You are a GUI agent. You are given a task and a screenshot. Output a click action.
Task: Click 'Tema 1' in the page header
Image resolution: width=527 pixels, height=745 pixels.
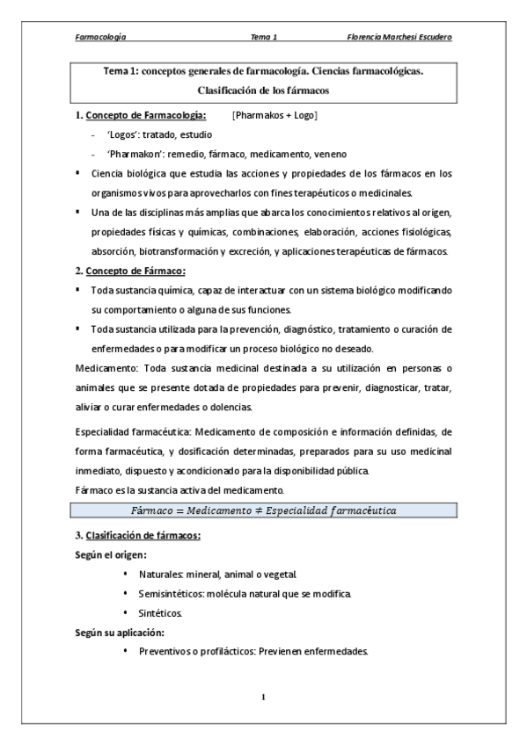tap(264, 38)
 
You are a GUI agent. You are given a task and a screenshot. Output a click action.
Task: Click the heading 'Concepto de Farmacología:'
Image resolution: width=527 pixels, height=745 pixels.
tap(146, 115)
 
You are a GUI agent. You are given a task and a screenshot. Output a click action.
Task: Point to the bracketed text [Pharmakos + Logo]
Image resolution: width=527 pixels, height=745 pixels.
tap(274, 115)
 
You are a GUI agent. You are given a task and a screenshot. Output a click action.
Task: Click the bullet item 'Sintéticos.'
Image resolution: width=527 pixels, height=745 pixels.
tap(164, 612)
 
